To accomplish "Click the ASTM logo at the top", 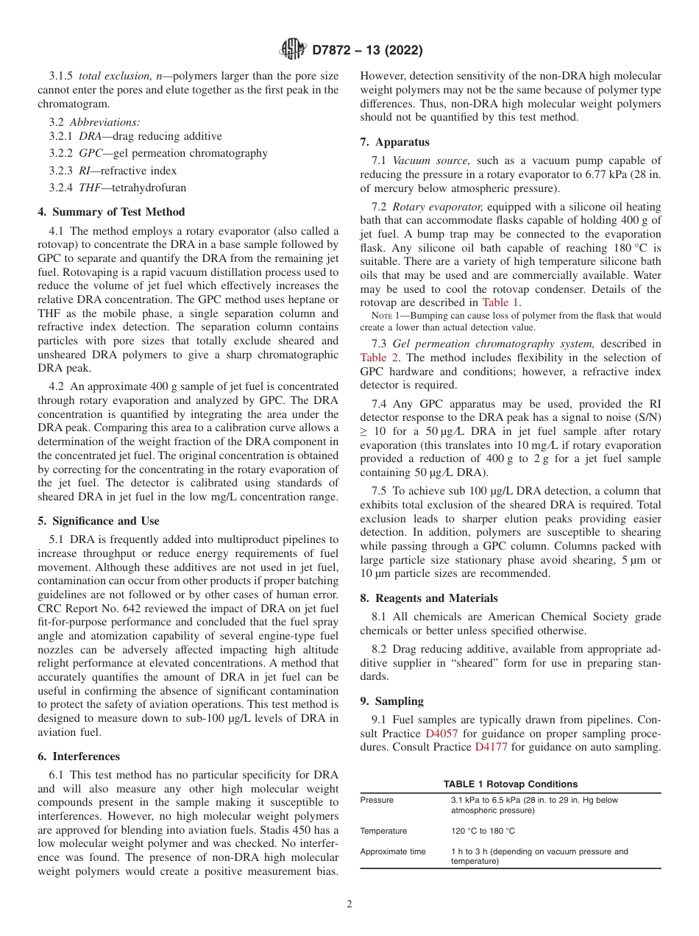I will (293, 50).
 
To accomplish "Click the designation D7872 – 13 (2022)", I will (367, 51).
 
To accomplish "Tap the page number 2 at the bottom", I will (349, 904).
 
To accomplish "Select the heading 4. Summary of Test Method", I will (111, 212).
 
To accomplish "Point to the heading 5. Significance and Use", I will (98, 521).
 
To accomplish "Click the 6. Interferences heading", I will (79, 756).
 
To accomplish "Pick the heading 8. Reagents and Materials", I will (429, 598).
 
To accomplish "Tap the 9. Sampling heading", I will (391, 701).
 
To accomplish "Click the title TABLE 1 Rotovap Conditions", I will (510, 784).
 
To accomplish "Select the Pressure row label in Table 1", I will (377, 800).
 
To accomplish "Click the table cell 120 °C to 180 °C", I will (483, 831).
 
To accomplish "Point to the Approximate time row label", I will (393, 851).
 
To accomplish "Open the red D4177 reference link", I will (491, 747).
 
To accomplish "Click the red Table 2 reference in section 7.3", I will (379, 358).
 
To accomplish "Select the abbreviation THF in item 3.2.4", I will (91, 188).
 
